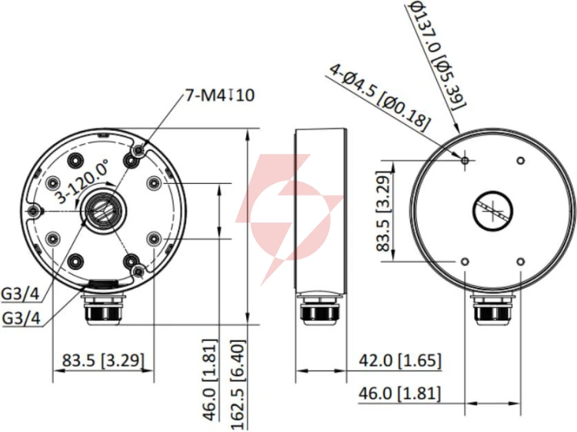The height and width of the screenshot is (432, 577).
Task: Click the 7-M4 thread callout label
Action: click(219, 95)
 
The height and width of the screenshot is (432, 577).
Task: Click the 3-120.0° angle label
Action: click(82, 182)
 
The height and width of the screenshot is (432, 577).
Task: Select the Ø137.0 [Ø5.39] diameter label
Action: click(437, 55)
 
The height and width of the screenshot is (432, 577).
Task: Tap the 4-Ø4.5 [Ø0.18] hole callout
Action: click(379, 97)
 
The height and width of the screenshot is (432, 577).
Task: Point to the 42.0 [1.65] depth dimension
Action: click(399, 360)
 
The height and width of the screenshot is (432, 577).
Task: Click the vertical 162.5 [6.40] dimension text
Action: click(238, 385)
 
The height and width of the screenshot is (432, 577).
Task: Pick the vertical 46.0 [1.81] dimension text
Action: click(211, 380)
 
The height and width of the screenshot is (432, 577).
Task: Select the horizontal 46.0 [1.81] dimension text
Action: click(399, 393)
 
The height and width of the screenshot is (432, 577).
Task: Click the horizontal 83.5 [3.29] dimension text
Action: click(103, 360)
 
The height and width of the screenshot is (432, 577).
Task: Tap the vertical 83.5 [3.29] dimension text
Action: click(382, 212)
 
